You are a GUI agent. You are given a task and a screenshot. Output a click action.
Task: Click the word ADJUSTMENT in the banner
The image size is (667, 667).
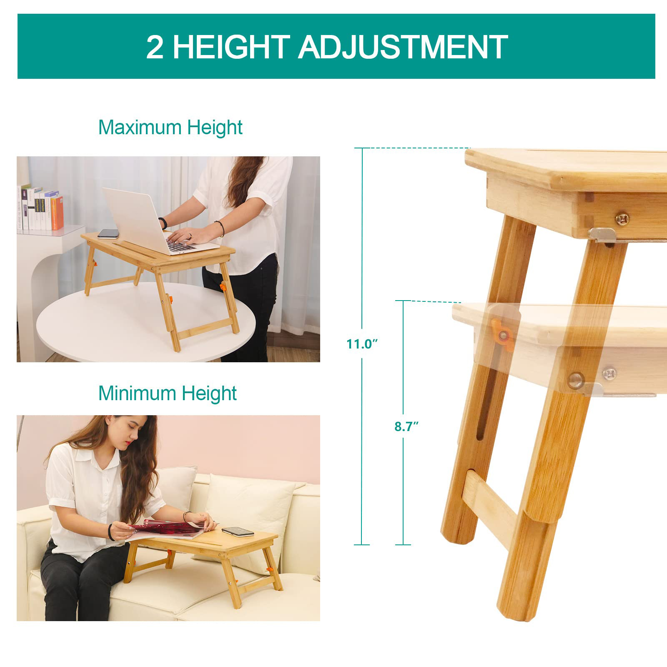(403, 47)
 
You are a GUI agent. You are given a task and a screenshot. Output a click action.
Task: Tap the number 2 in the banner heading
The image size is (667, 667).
(155, 47)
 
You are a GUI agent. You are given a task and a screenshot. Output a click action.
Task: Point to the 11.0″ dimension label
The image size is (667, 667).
(362, 344)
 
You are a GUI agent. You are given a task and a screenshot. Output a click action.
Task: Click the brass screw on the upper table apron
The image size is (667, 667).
(621, 218)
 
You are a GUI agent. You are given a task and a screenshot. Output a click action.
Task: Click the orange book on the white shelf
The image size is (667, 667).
(58, 213)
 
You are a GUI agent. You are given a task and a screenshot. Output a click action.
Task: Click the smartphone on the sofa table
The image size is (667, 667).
(238, 532)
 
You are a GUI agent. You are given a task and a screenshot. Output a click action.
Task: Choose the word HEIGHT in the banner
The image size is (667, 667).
(231, 47)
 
